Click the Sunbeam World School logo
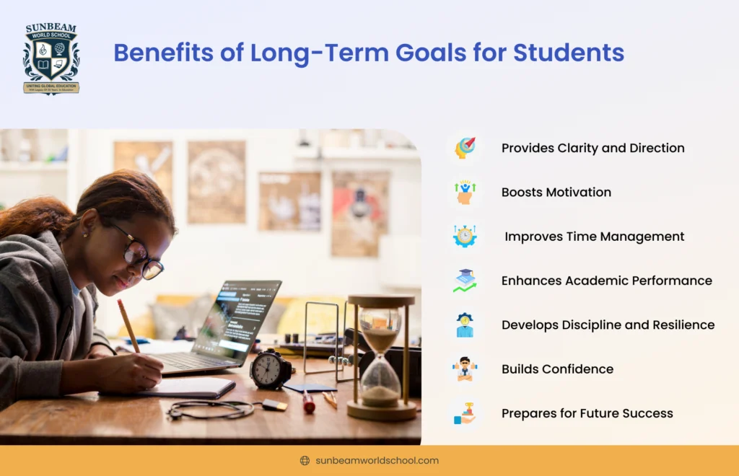51,59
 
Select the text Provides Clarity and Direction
592,148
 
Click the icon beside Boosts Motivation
465,193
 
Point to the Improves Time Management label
594,237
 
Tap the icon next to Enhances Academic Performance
465,281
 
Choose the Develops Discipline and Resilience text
608,325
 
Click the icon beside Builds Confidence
465,369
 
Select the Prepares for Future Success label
587,413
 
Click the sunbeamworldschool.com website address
377,461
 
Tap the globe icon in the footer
305,461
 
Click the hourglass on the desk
381,357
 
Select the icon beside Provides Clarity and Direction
465,148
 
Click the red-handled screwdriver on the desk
308,402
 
